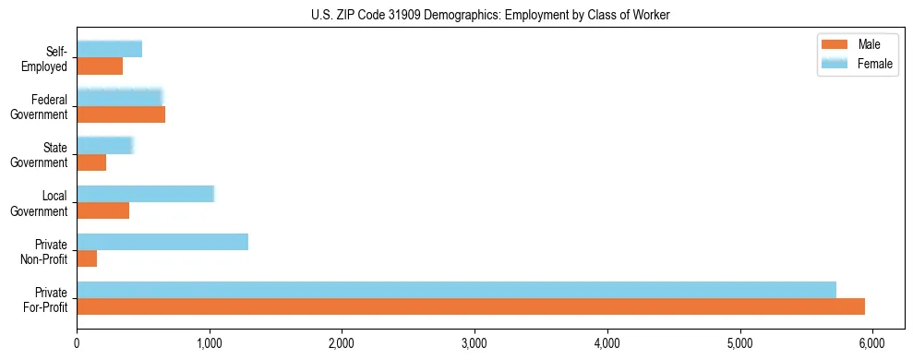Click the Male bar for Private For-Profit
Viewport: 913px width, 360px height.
click(x=471, y=306)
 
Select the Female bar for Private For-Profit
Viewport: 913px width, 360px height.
click(x=456, y=290)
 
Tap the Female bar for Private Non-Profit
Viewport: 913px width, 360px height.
click(x=162, y=242)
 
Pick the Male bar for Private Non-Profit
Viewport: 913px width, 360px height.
click(x=87, y=258)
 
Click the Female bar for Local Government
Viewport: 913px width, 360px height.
click(x=145, y=194)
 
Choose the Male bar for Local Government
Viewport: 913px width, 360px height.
click(x=102, y=210)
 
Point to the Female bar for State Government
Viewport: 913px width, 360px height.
click(x=104, y=146)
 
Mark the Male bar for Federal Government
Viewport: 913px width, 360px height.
click(x=121, y=114)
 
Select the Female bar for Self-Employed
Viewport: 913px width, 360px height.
click(x=109, y=49)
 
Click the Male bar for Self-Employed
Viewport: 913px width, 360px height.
click(x=100, y=66)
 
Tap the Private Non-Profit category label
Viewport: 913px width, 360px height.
click(x=48, y=250)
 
